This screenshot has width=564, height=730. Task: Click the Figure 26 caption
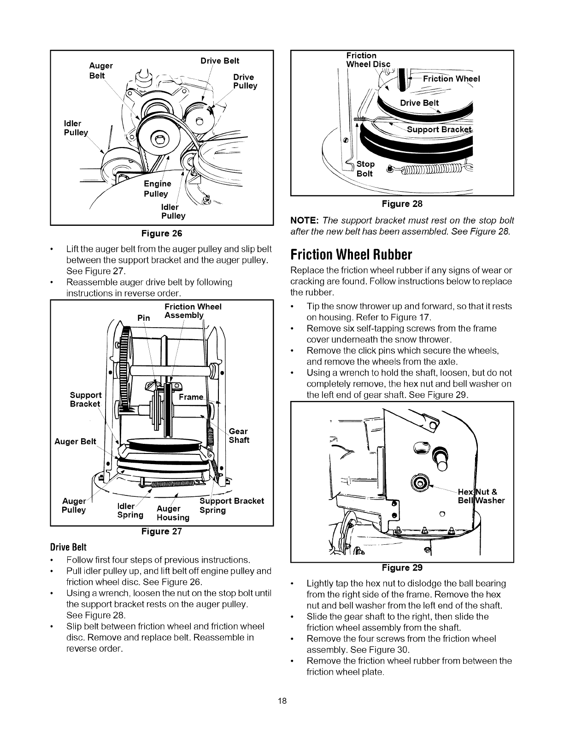(161, 233)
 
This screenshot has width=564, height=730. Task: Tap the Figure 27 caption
(161, 531)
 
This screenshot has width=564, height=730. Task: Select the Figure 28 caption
(402, 204)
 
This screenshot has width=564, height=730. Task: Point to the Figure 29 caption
(402, 567)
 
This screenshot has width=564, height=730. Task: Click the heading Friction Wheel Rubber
(351, 254)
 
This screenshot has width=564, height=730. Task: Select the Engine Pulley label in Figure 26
(157, 189)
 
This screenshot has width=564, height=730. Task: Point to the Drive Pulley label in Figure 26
(245, 81)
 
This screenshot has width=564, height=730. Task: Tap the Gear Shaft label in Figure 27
(239, 436)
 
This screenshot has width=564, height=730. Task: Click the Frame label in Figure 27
(191, 397)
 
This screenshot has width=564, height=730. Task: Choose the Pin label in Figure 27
(144, 318)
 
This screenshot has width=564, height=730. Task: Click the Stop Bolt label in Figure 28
(366, 169)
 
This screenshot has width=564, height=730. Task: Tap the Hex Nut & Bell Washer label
(481, 496)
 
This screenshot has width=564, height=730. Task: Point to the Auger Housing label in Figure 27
(172, 513)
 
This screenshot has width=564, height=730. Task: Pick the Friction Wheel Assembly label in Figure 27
(193, 311)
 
